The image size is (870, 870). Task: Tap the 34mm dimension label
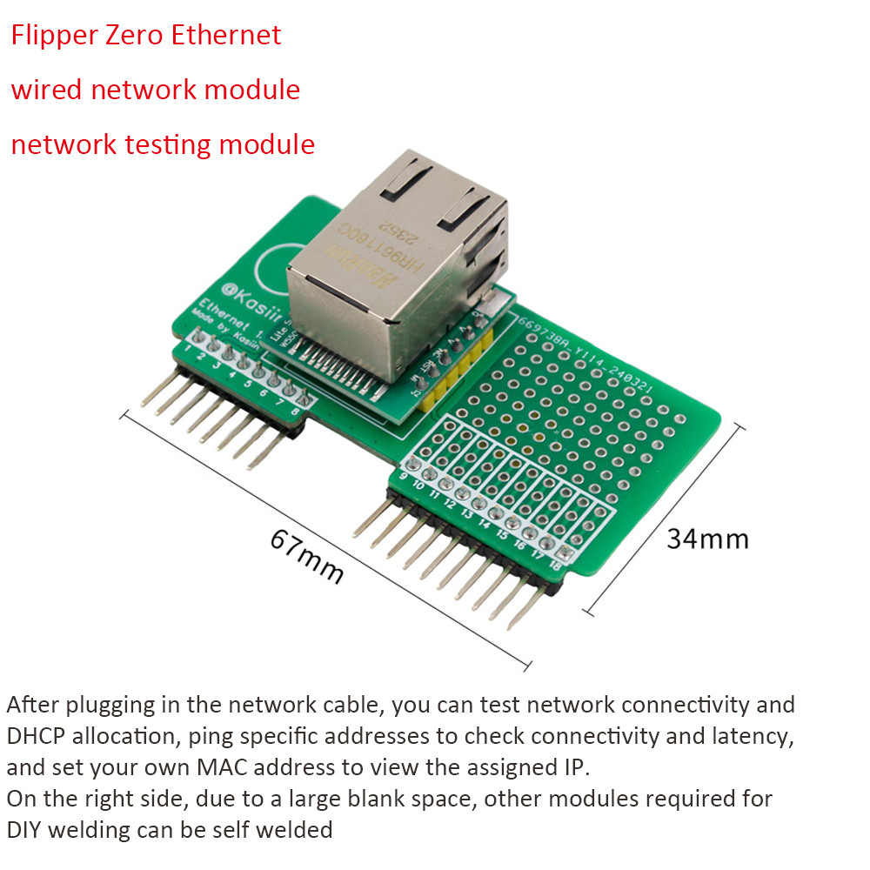pyautogui.click(x=707, y=539)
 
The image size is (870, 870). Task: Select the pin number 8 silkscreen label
pyautogui.click(x=295, y=410)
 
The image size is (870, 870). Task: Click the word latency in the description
pyautogui.click(x=749, y=736)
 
